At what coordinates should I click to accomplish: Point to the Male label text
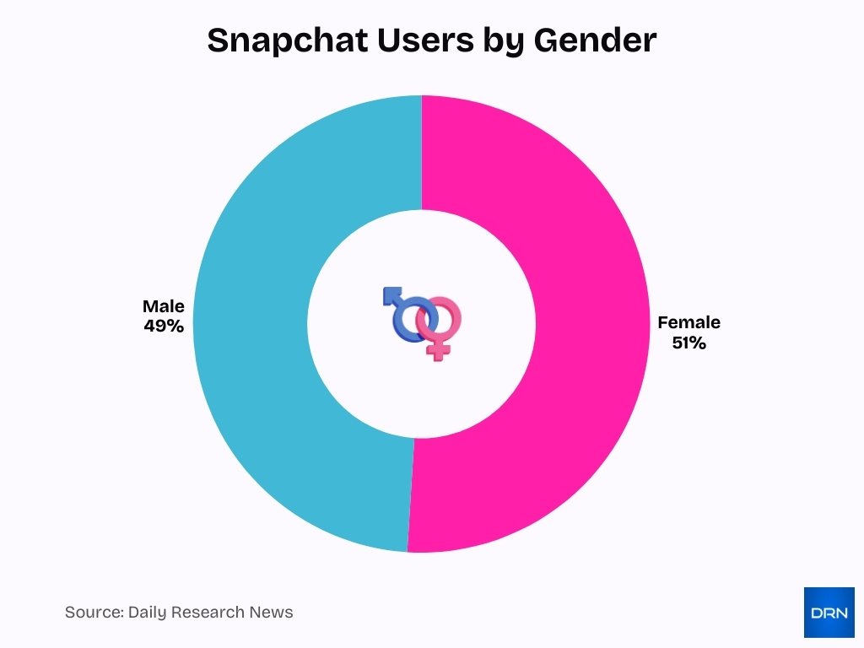click(163, 306)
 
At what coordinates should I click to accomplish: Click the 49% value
click(163, 326)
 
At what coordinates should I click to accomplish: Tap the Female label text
click(688, 322)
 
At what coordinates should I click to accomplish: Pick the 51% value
click(688, 343)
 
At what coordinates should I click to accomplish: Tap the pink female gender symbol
click(440, 325)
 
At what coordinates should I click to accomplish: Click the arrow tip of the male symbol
click(389, 293)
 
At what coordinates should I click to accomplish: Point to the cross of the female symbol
click(437, 350)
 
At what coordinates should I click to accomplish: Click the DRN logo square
click(829, 612)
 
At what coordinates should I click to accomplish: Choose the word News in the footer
click(273, 613)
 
